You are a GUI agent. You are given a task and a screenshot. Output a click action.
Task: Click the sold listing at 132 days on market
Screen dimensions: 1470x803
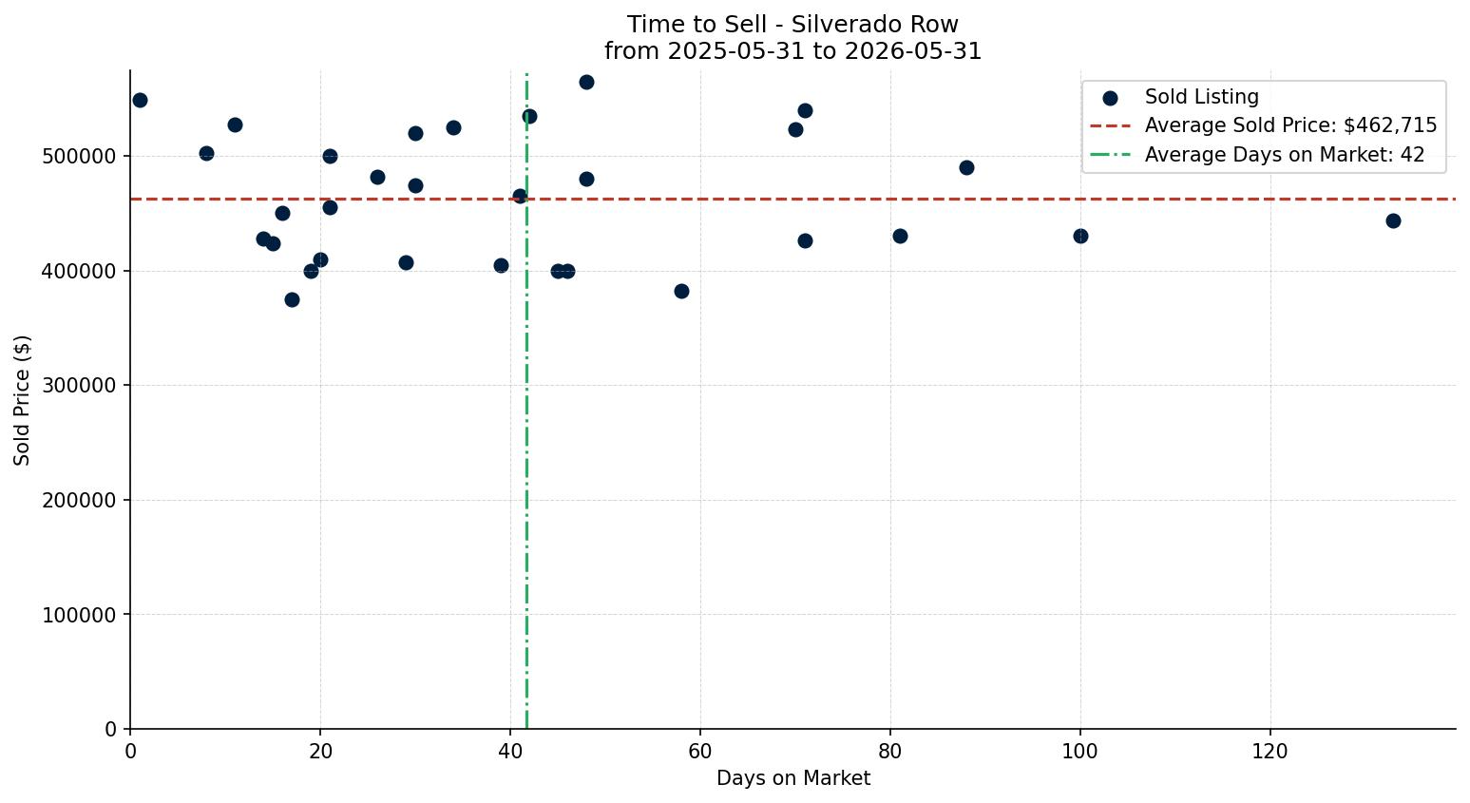[1393, 221]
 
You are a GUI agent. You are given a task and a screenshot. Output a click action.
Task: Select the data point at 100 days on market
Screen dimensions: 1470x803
[1080, 237]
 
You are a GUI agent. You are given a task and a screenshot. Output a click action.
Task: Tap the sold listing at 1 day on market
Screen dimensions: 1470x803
[140, 101]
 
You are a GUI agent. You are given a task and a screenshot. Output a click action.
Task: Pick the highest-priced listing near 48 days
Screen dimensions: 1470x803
[586, 82]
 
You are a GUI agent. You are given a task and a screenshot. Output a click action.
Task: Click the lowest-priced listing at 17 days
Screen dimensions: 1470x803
[292, 299]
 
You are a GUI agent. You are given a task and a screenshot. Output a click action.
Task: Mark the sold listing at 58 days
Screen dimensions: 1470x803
[682, 292]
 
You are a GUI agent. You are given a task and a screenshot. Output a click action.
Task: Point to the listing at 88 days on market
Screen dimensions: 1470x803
[966, 168]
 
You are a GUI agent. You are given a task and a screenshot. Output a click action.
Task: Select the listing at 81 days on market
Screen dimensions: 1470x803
[901, 237]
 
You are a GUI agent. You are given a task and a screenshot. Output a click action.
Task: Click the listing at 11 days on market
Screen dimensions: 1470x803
[235, 125]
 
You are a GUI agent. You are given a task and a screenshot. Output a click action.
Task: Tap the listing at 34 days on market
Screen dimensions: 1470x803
[453, 128]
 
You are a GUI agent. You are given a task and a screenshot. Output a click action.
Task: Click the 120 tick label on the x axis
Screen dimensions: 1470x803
[1270, 751]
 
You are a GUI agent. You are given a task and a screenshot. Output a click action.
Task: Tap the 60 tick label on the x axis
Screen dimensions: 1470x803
[700, 751]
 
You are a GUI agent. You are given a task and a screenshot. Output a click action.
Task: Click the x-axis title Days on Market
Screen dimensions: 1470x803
[793, 778]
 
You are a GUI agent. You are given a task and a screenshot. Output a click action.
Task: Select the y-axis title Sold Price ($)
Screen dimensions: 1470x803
[22, 400]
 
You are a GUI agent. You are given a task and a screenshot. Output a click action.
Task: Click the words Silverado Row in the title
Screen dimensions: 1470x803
[875, 25]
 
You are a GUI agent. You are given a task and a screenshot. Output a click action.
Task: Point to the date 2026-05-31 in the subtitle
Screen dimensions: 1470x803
[913, 51]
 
